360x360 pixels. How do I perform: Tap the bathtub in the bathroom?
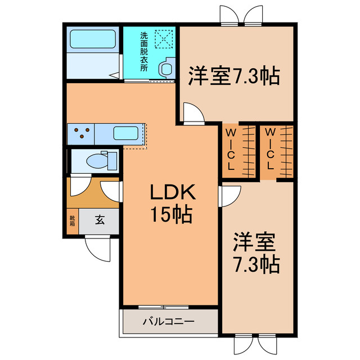(92, 39)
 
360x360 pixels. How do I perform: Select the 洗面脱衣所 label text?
(144, 52)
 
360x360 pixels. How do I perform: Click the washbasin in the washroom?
(166, 68)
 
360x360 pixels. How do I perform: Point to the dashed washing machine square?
(164, 39)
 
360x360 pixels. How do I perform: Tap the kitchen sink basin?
(126, 133)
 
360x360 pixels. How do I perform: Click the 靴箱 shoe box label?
(73, 220)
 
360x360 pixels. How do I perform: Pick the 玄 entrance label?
(100, 220)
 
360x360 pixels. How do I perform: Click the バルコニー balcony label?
(169, 321)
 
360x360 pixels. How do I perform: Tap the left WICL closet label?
(231, 149)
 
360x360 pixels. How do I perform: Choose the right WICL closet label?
(270, 148)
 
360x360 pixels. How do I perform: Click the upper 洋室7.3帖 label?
(234, 76)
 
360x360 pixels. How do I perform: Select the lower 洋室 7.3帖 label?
(256, 253)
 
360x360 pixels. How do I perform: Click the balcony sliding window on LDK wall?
(164, 307)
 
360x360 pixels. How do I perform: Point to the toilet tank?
(112, 160)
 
